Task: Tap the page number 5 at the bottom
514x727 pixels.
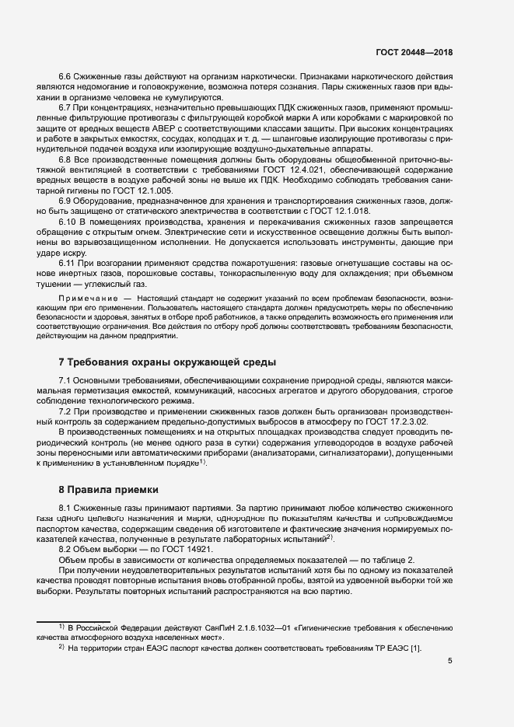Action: tap(450, 661)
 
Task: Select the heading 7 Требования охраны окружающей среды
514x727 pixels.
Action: tap(167, 363)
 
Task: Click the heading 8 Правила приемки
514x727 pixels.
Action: tap(108, 490)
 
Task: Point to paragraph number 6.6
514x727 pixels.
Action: tap(66, 77)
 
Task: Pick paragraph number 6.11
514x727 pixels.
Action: tap(68, 264)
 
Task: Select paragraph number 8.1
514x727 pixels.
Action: tap(66, 507)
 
